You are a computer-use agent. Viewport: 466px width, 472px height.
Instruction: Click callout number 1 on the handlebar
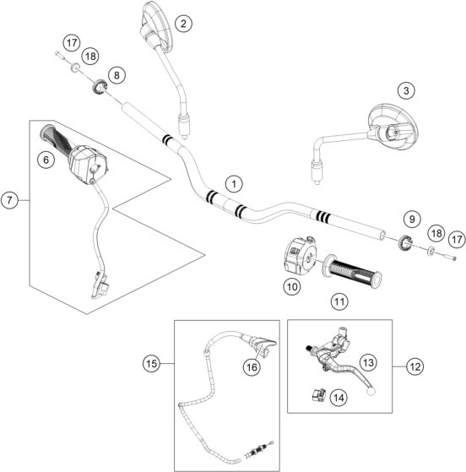[233, 182]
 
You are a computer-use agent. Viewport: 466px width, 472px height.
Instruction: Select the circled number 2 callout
[182, 24]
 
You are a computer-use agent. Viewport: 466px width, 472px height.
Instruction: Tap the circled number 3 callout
[407, 90]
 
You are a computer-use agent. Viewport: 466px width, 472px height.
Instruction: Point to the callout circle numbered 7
[11, 201]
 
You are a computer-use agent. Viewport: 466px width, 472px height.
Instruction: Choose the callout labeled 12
[414, 366]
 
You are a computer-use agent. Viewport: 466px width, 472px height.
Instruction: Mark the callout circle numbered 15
[151, 363]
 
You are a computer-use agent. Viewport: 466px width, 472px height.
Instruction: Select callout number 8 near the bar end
[116, 76]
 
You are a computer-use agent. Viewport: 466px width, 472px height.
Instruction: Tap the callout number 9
[411, 220]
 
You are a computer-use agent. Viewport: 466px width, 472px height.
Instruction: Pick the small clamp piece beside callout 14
[320, 393]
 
